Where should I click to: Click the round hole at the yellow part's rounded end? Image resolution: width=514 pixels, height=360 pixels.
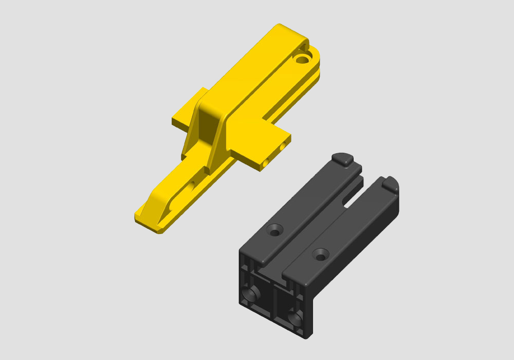pyautogui.click(x=302, y=58)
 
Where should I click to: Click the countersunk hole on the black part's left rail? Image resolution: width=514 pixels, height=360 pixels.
pyautogui.click(x=274, y=229)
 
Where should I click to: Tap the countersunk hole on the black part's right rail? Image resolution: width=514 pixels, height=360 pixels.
pyautogui.click(x=321, y=254)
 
